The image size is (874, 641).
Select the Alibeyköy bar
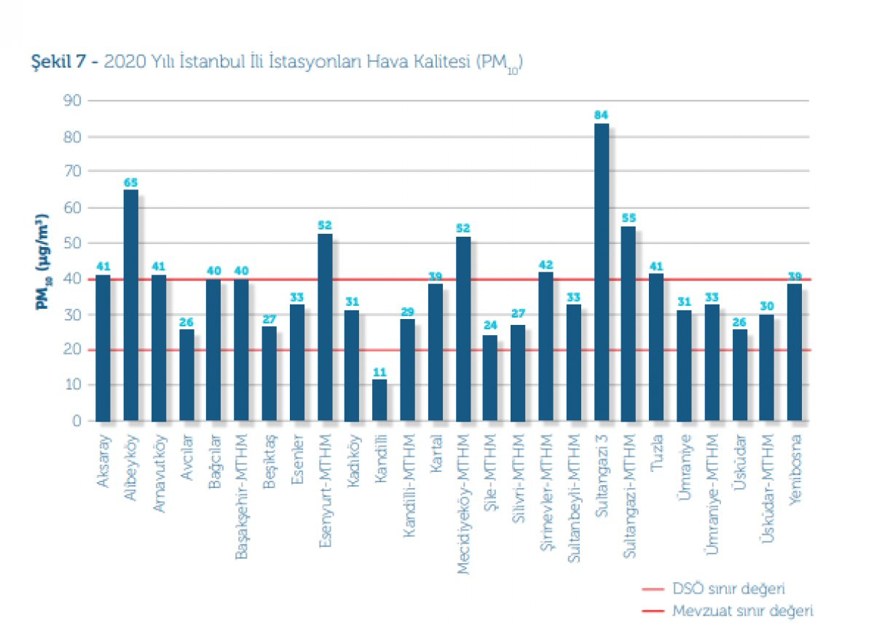click(x=131, y=305)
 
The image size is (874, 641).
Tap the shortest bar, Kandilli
click(x=379, y=400)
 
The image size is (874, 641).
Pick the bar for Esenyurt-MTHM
click(x=324, y=327)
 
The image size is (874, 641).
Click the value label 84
click(x=602, y=115)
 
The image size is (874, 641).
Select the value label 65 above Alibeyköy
click(x=131, y=182)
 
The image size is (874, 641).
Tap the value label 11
click(x=379, y=371)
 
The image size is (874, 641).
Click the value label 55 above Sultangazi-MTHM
click(x=629, y=218)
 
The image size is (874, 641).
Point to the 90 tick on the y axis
click(x=72, y=101)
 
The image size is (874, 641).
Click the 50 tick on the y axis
click(x=72, y=243)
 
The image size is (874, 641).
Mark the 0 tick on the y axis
click(x=76, y=421)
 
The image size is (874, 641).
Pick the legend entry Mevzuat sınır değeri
click(x=742, y=610)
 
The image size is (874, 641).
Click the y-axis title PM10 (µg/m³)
click(x=43, y=261)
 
